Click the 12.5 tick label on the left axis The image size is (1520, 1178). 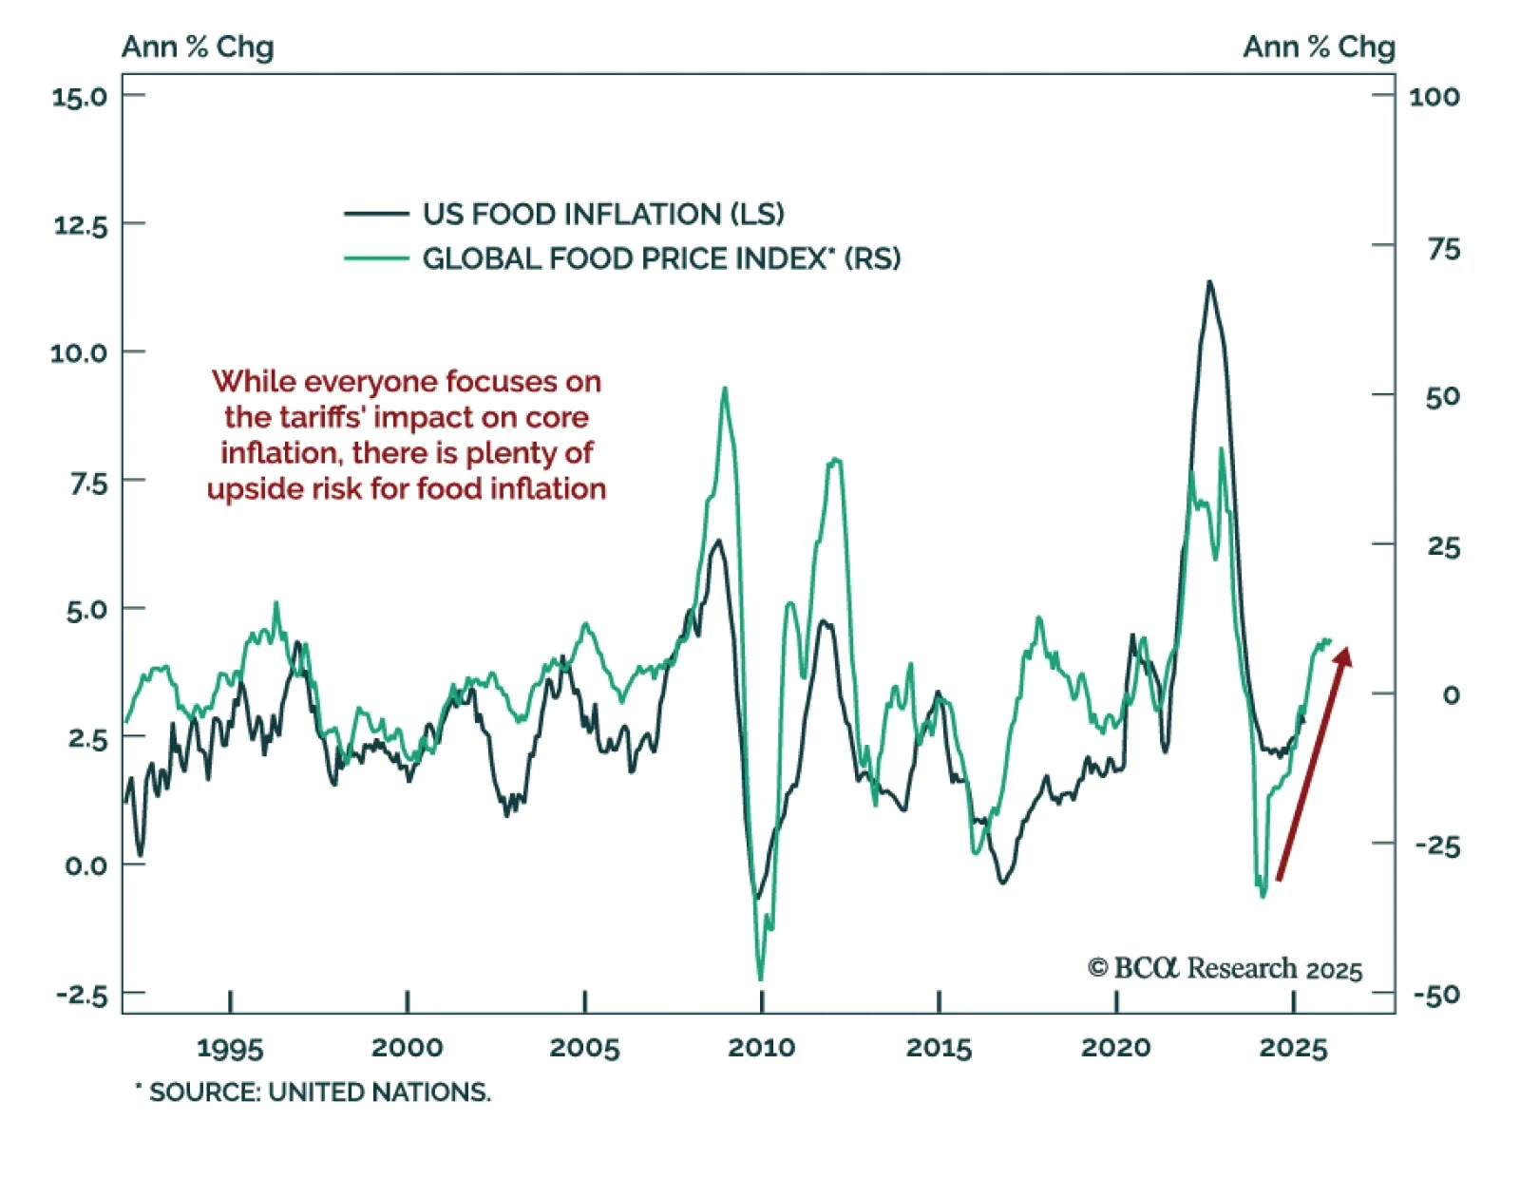(81, 225)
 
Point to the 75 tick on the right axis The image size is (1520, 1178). (1443, 249)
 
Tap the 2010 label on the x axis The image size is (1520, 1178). (761, 1048)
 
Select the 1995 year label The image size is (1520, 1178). (230, 1048)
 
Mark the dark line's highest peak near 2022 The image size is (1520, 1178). (1209, 282)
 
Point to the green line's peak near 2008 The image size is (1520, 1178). (725, 389)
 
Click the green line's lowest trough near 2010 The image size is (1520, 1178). (761, 978)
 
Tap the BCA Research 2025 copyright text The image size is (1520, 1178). (1225, 968)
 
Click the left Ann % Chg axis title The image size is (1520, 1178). (198, 47)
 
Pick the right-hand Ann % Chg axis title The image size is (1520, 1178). (1319, 47)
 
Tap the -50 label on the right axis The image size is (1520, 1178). (1436, 996)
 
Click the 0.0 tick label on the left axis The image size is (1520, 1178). (85, 865)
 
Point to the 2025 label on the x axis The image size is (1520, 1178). (1293, 1048)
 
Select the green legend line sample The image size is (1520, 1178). (376, 258)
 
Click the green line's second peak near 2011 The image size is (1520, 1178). (835, 460)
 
